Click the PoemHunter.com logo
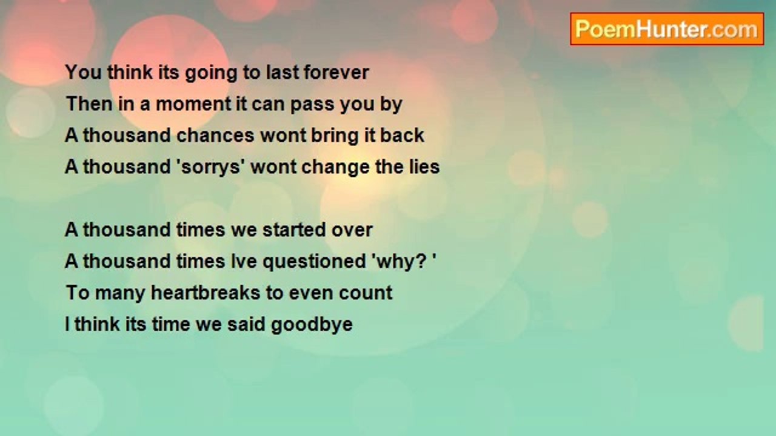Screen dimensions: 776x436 [x=667, y=29]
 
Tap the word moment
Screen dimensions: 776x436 [x=193, y=104]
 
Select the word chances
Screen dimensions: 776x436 [x=215, y=135]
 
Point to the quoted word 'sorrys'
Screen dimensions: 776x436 [x=211, y=167]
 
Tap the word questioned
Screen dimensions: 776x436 [x=314, y=262]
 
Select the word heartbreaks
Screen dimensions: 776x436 [x=206, y=292]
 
